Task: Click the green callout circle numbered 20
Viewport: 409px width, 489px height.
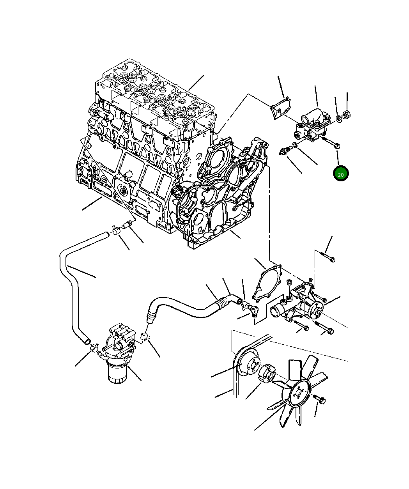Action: [x=340, y=174]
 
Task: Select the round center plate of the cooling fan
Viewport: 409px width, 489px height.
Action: [x=299, y=394]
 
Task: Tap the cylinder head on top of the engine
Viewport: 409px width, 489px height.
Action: [x=156, y=97]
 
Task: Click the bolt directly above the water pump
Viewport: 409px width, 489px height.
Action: [x=328, y=257]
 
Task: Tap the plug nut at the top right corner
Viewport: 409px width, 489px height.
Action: [x=346, y=115]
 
